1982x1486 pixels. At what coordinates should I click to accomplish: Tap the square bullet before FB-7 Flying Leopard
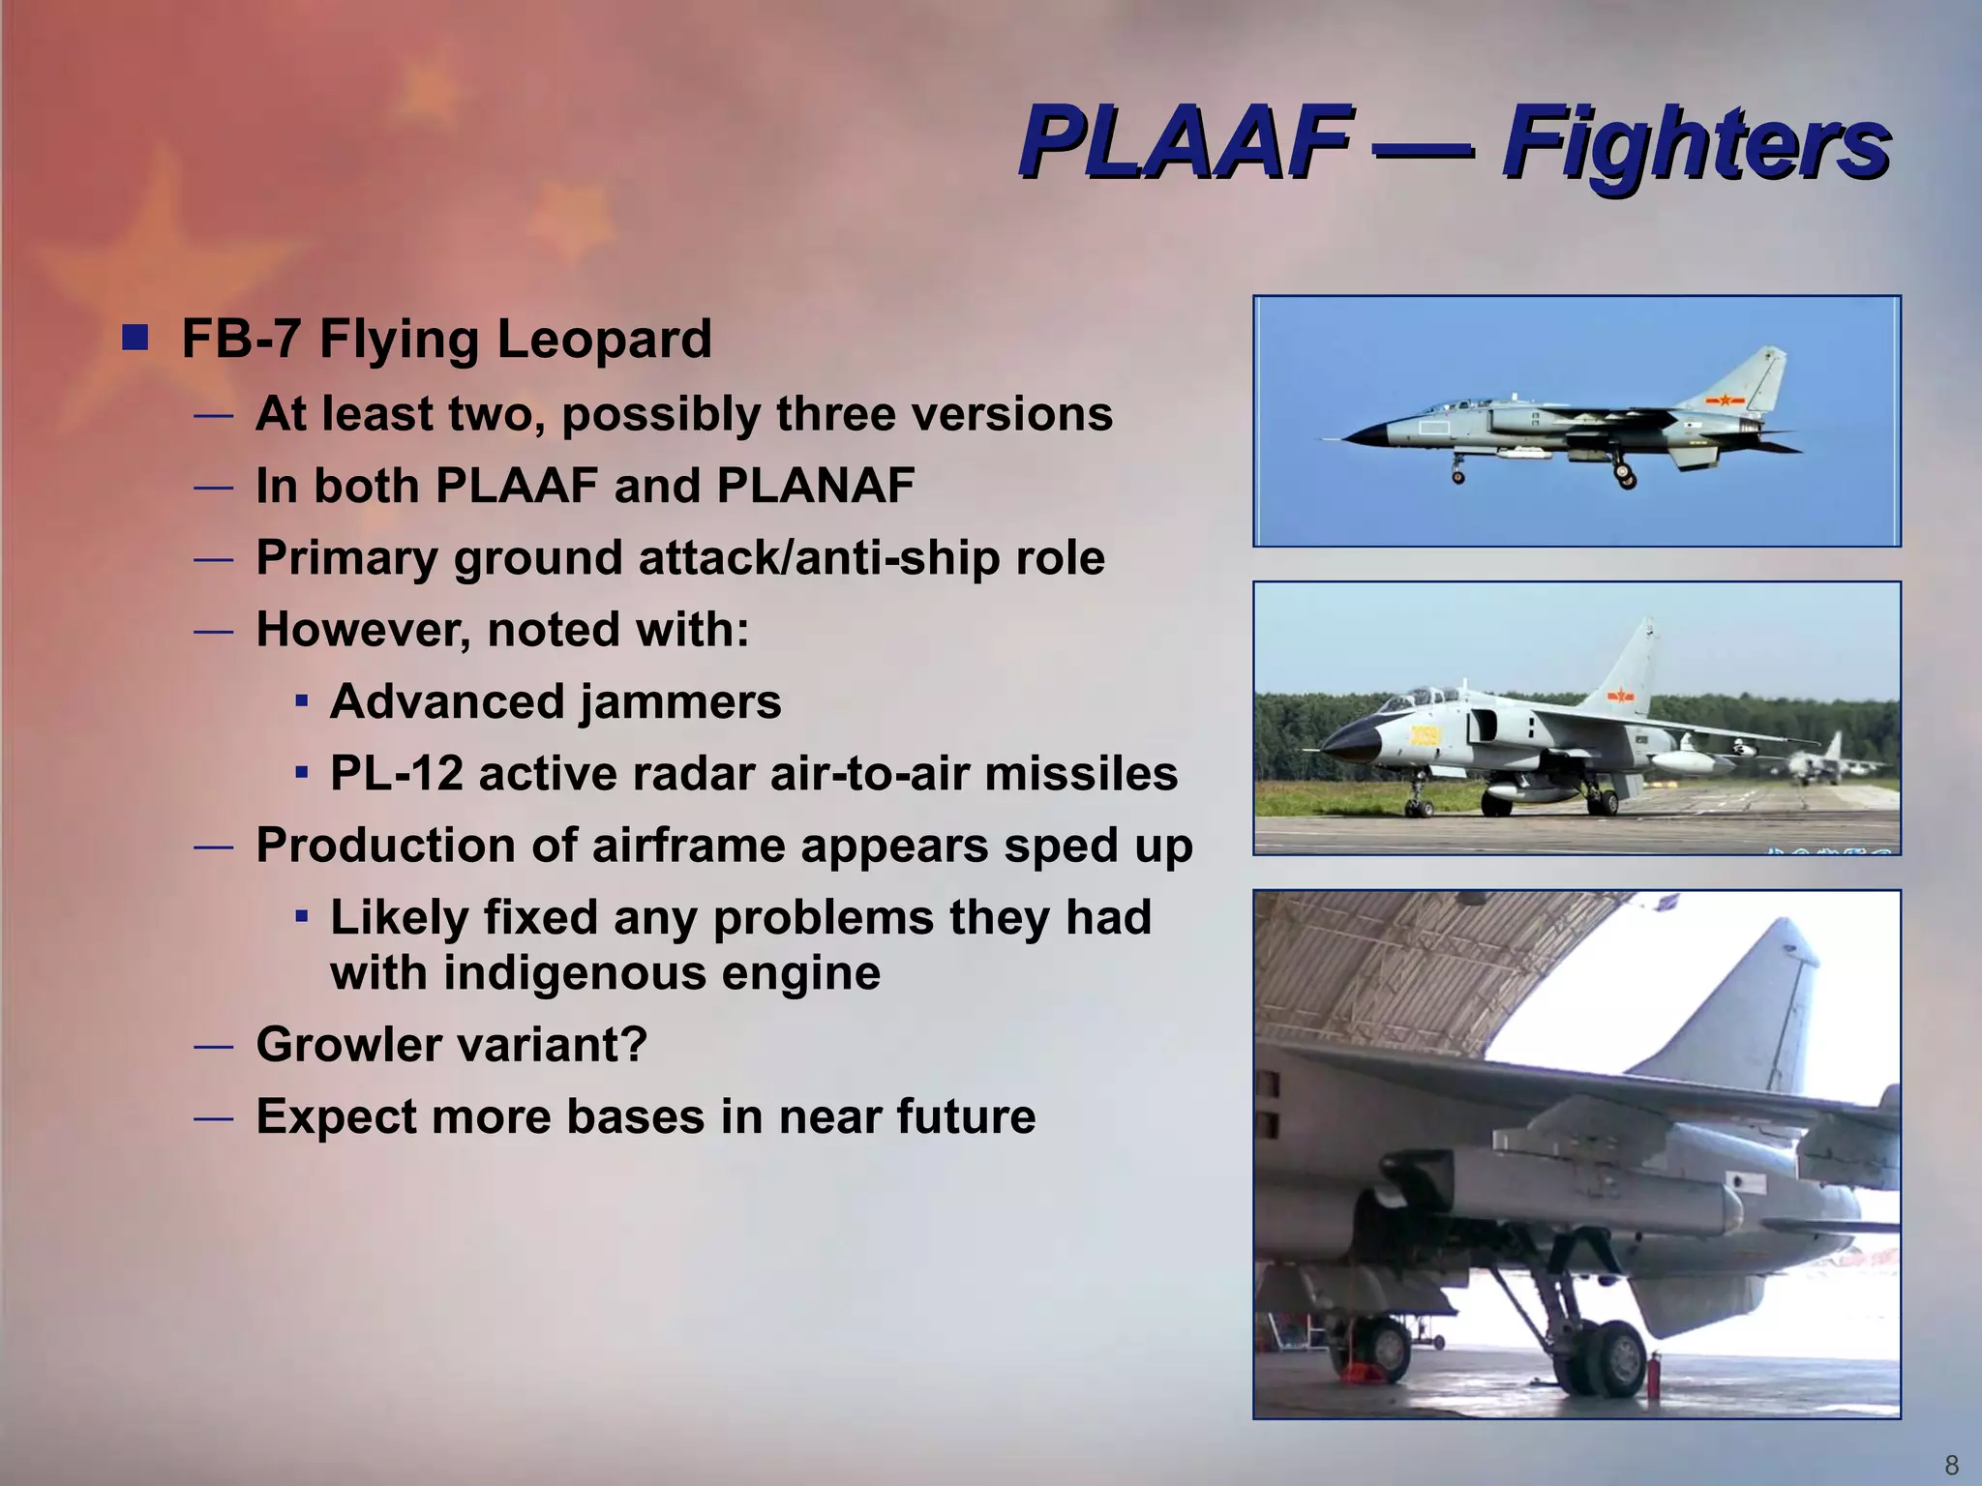click(136, 339)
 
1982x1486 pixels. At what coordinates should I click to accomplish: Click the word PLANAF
click(815, 486)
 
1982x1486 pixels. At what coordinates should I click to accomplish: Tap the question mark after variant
click(635, 1045)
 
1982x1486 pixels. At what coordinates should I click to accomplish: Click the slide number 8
click(1951, 1465)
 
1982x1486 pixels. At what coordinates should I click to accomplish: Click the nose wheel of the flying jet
click(1458, 475)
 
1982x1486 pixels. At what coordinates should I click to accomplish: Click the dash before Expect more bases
click(213, 1117)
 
